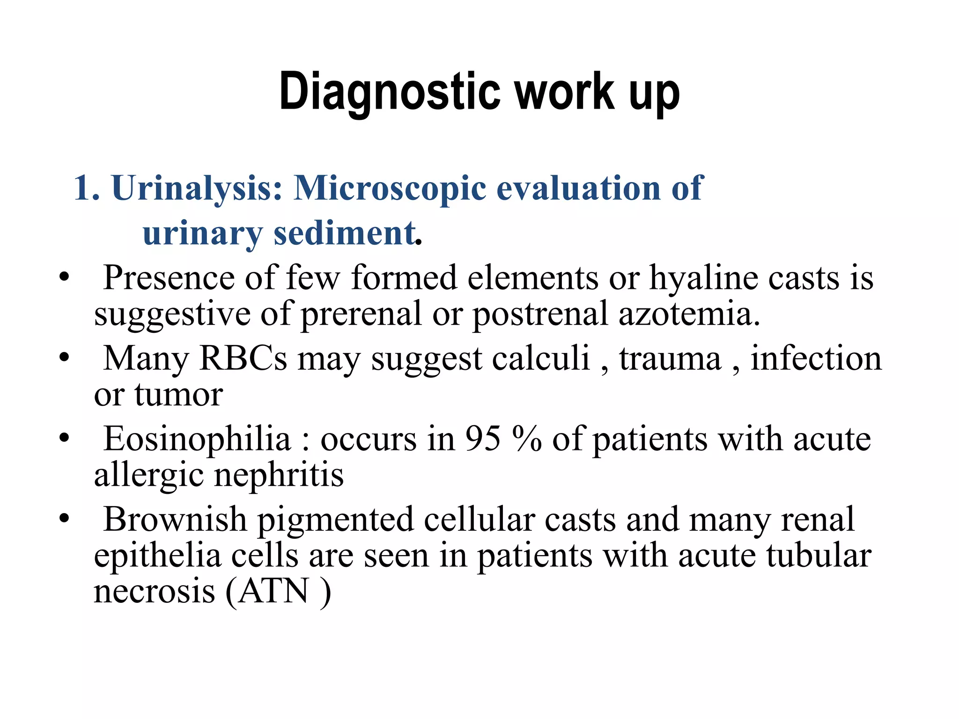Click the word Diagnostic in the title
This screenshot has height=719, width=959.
[389, 92]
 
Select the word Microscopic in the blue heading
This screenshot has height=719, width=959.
[390, 188]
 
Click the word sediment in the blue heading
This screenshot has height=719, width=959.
[345, 233]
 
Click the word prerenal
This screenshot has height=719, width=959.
[361, 314]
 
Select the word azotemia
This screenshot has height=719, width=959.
[689, 314]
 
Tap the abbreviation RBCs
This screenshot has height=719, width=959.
[243, 359]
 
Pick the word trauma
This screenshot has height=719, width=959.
[670, 359]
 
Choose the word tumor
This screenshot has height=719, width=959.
[178, 394]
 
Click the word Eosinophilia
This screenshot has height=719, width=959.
[197, 439]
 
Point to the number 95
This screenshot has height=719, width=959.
[483, 439]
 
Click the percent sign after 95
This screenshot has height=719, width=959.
[527, 439]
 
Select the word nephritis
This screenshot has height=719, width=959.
[279, 475]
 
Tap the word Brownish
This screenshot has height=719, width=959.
[175, 520]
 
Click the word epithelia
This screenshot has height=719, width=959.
[157, 556]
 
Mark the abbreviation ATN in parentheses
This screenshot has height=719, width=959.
[274, 591]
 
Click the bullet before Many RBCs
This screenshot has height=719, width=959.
[64, 358]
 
